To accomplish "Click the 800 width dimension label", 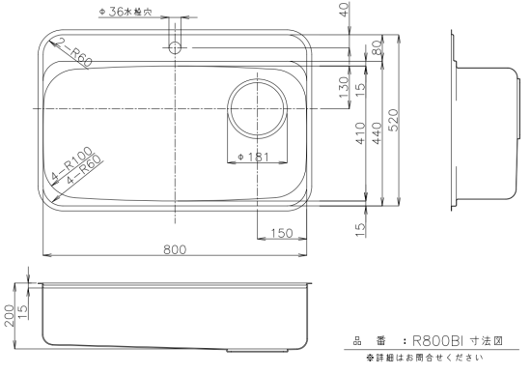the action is click(175, 249).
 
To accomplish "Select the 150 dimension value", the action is click(282, 233).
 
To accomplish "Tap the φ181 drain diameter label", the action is click(254, 157).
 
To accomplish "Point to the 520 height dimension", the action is click(394, 120).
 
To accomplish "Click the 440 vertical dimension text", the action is click(377, 133).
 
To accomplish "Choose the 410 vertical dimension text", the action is click(360, 133).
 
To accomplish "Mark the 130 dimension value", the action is click(344, 87).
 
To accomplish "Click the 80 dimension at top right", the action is click(377, 47).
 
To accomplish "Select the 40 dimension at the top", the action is click(344, 10).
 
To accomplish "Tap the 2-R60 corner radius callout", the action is click(73, 52).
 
